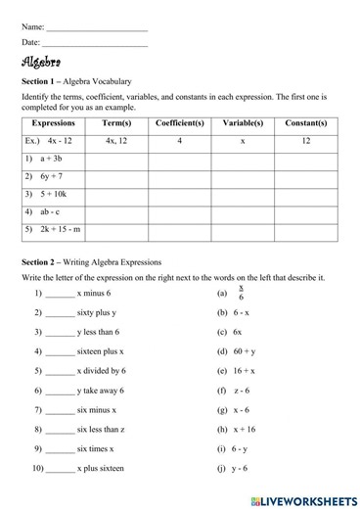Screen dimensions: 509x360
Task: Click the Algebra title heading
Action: [x=41, y=62]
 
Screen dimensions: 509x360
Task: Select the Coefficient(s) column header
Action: [x=180, y=124]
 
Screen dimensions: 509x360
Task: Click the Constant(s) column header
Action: [x=306, y=124]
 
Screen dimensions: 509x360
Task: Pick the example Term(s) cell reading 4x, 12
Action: [x=115, y=141]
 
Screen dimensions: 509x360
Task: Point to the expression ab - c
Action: [x=50, y=211]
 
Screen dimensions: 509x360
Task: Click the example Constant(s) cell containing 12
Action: [x=306, y=141]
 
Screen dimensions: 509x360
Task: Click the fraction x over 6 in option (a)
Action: [x=241, y=293]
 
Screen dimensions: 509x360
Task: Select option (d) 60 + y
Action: [x=243, y=351]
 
